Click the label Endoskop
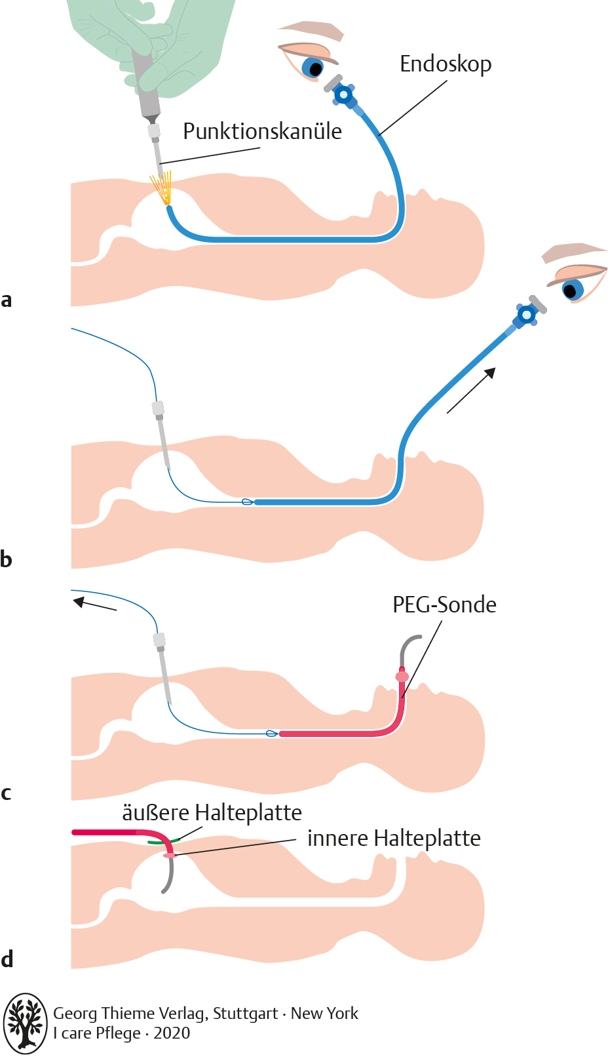click(x=446, y=64)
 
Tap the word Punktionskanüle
click(x=262, y=131)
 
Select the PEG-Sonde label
click(x=444, y=605)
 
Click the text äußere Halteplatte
click(x=212, y=812)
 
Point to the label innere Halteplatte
click(x=394, y=838)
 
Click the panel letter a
click(x=7, y=300)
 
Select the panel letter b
click(x=7, y=559)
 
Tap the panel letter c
click(x=7, y=793)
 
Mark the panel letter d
click(x=7, y=959)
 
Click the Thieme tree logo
click(x=26, y=1023)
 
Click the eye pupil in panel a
click(x=316, y=68)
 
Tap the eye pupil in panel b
click(x=571, y=289)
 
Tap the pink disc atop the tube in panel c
click(x=402, y=676)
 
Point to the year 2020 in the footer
click(x=172, y=1033)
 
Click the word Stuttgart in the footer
click(x=245, y=1014)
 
